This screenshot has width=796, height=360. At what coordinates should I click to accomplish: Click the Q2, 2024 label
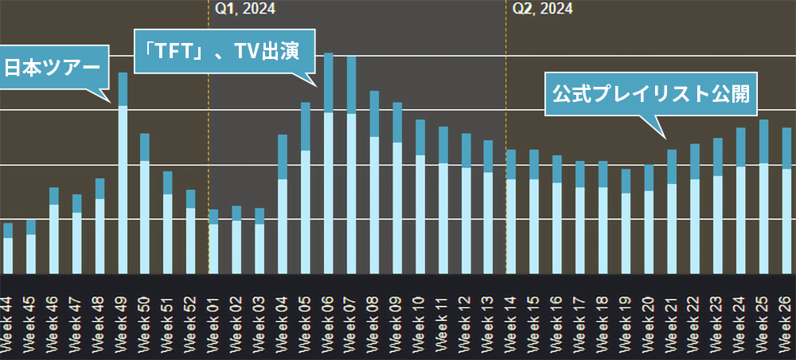pyautogui.click(x=542, y=9)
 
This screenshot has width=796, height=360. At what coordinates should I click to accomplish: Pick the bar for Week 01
pyautogui.click(x=213, y=243)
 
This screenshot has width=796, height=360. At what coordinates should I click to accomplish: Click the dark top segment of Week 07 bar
pyautogui.click(x=351, y=85)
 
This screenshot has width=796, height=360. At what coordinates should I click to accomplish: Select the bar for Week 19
pyautogui.click(x=626, y=223)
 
